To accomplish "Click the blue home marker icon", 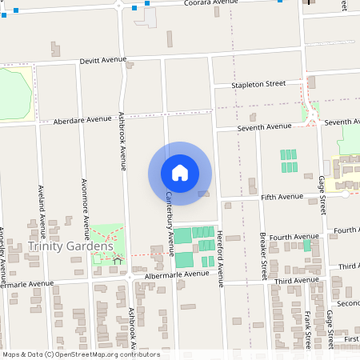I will click(180, 172).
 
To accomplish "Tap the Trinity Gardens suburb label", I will click(70, 246).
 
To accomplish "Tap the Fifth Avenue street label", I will click(282, 196).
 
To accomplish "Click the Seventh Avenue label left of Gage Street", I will click(270, 126).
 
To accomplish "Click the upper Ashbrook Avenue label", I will click(123, 141).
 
